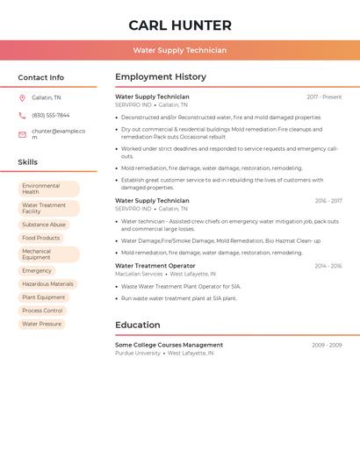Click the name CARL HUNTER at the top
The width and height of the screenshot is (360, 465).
180,25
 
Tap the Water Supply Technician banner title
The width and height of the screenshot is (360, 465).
180,50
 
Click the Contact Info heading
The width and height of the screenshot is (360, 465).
41,77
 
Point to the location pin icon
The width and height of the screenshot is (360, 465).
22,97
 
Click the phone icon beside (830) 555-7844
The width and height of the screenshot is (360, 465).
22,115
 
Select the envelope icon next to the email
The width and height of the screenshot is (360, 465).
22,134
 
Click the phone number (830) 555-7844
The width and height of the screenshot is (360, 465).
51,115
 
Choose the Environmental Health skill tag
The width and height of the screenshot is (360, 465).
48,189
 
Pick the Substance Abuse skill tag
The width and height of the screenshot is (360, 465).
44,225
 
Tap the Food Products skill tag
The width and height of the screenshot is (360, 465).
41,238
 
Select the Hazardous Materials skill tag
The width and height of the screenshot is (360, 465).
47,284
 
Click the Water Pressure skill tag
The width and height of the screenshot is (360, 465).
42,324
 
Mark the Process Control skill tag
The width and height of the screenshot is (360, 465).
42,311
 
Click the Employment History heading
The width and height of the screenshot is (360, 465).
161,77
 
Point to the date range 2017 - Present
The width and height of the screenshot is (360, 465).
324,97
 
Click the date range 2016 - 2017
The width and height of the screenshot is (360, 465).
328,201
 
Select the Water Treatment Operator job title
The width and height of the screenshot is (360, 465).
155,266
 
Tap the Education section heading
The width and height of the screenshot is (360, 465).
137,325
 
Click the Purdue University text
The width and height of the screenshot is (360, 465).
138,353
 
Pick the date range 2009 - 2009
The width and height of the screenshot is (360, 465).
327,345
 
